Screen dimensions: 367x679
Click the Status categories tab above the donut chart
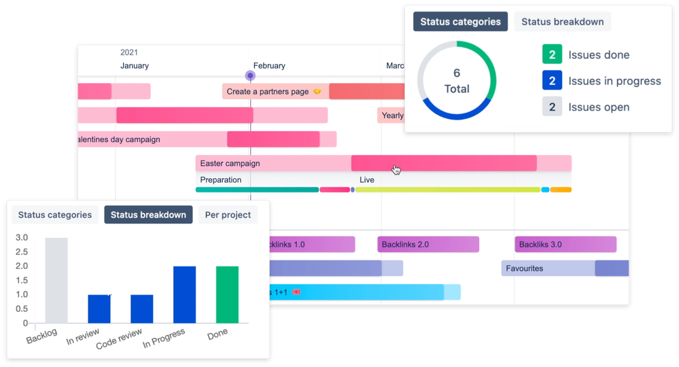(x=460, y=22)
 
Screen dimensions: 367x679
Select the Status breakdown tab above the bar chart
(x=148, y=215)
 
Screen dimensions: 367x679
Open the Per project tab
(x=228, y=215)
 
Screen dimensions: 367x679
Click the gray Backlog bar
(x=56, y=280)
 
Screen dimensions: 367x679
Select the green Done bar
(x=228, y=294)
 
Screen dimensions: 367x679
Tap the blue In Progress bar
(x=184, y=294)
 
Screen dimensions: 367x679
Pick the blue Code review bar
(x=142, y=309)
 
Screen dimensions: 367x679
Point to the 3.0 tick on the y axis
(x=22, y=238)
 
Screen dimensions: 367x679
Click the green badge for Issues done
(x=552, y=55)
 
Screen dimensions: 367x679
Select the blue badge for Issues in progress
(x=552, y=81)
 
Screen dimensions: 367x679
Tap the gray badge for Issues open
(x=552, y=107)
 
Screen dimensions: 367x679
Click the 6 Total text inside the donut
(x=457, y=81)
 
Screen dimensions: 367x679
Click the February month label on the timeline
(x=269, y=66)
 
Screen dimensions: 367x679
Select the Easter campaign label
(x=230, y=163)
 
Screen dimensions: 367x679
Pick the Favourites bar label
(x=525, y=268)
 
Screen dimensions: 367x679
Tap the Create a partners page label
(x=268, y=92)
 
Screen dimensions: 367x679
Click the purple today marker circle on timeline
(x=250, y=76)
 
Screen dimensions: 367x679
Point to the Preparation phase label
(x=221, y=180)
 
